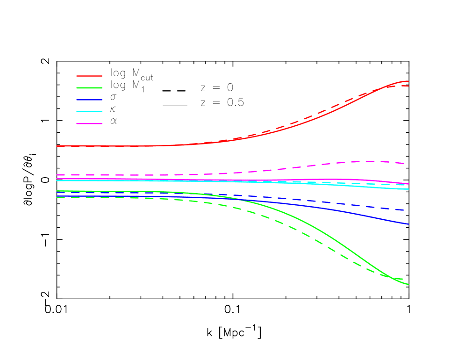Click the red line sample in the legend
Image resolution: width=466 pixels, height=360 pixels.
click(x=89, y=76)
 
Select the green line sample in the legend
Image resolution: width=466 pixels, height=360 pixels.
click(x=89, y=88)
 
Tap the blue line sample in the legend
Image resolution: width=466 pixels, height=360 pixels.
click(x=89, y=100)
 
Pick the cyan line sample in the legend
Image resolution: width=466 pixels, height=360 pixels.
click(x=89, y=112)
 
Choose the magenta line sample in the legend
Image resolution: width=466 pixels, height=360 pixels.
click(x=89, y=123)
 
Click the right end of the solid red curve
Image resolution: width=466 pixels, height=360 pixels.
click(x=409, y=81)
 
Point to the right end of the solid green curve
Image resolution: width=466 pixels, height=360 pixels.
click(x=409, y=284)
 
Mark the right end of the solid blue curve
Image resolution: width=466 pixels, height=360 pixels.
click(x=409, y=224)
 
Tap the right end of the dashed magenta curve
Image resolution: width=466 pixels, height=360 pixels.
click(x=404, y=164)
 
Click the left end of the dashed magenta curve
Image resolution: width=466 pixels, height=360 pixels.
click(x=57, y=175)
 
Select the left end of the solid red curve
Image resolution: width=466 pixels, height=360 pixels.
click(x=57, y=146)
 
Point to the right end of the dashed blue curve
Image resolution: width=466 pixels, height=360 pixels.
click(x=404, y=210)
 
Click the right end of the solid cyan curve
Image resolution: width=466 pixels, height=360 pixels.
click(x=409, y=189)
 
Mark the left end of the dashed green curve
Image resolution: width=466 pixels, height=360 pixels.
click(x=57, y=197)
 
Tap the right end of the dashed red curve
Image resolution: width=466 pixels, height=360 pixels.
click(x=409, y=86)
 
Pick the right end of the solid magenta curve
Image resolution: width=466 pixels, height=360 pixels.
click(x=409, y=184)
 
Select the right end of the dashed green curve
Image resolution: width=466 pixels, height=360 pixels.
click(x=403, y=279)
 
